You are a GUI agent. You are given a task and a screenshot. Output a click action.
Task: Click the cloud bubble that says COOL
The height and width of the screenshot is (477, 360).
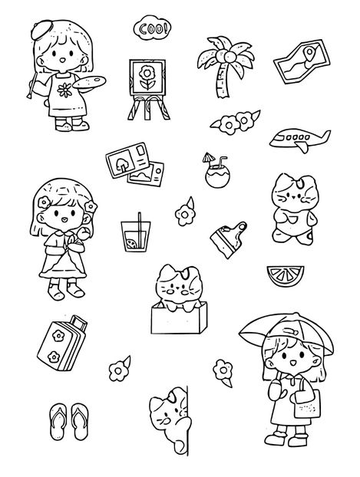tap(152, 28)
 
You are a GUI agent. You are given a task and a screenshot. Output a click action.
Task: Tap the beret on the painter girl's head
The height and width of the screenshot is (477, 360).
tap(41, 29)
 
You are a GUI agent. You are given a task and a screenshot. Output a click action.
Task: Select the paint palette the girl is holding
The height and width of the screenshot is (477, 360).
tap(89, 82)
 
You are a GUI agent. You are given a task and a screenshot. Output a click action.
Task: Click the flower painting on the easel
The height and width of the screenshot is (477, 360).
tap(147, 77)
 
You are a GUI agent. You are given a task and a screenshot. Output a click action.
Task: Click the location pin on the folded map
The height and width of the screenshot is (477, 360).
tap(309, 54)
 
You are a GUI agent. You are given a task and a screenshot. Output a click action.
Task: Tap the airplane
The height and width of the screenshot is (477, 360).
tap(299, 140)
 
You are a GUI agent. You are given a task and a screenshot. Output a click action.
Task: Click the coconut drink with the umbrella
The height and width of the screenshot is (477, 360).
tap(217, 171)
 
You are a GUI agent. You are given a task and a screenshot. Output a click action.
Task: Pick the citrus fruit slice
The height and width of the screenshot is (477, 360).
tap(286, 275)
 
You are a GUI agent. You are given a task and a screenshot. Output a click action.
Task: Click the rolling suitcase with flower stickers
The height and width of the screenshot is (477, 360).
tap(62, 343)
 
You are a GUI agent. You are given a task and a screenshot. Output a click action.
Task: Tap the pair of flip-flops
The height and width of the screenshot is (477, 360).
tap(69, 422)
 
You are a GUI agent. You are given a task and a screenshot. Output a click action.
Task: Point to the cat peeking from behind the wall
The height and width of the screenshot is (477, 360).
tap(170, 419)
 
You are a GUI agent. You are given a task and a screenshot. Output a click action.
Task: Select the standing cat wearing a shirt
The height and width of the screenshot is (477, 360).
tap(293, 209)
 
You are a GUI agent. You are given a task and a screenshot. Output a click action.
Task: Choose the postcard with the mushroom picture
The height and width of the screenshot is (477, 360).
tap(127, 160)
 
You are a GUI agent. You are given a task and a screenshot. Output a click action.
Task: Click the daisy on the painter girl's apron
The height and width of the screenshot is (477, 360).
tap(65, 90)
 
